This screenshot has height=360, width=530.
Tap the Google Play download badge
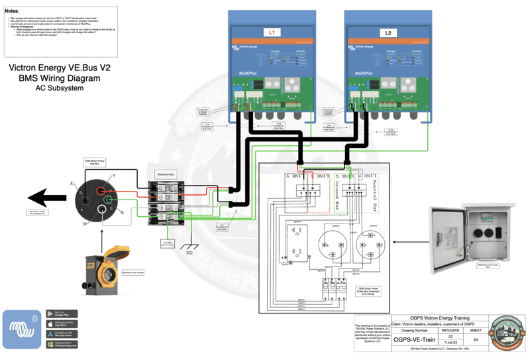point(61,313)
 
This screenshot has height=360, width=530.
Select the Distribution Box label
point(164,174)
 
